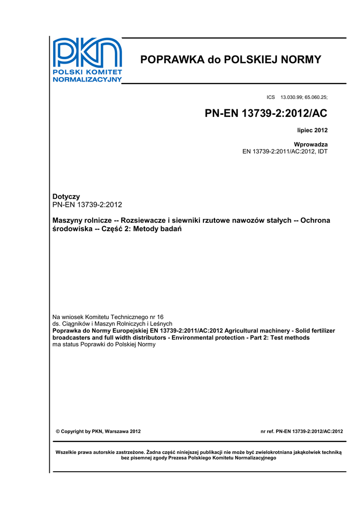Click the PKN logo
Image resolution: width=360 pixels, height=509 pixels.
click(88, 60)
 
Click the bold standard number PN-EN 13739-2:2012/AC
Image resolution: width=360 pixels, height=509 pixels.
click(266, 114)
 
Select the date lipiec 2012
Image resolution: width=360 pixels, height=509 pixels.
click(312, 130)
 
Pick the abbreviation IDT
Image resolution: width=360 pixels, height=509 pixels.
click(321, 151)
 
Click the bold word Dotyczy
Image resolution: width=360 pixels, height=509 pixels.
click(66, 197)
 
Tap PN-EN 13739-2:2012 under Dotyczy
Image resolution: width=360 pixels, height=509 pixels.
click(88, 205)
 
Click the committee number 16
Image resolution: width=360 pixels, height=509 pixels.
click(160, 317)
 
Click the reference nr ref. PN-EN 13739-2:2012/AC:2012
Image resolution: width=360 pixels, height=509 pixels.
click(302, 431)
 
